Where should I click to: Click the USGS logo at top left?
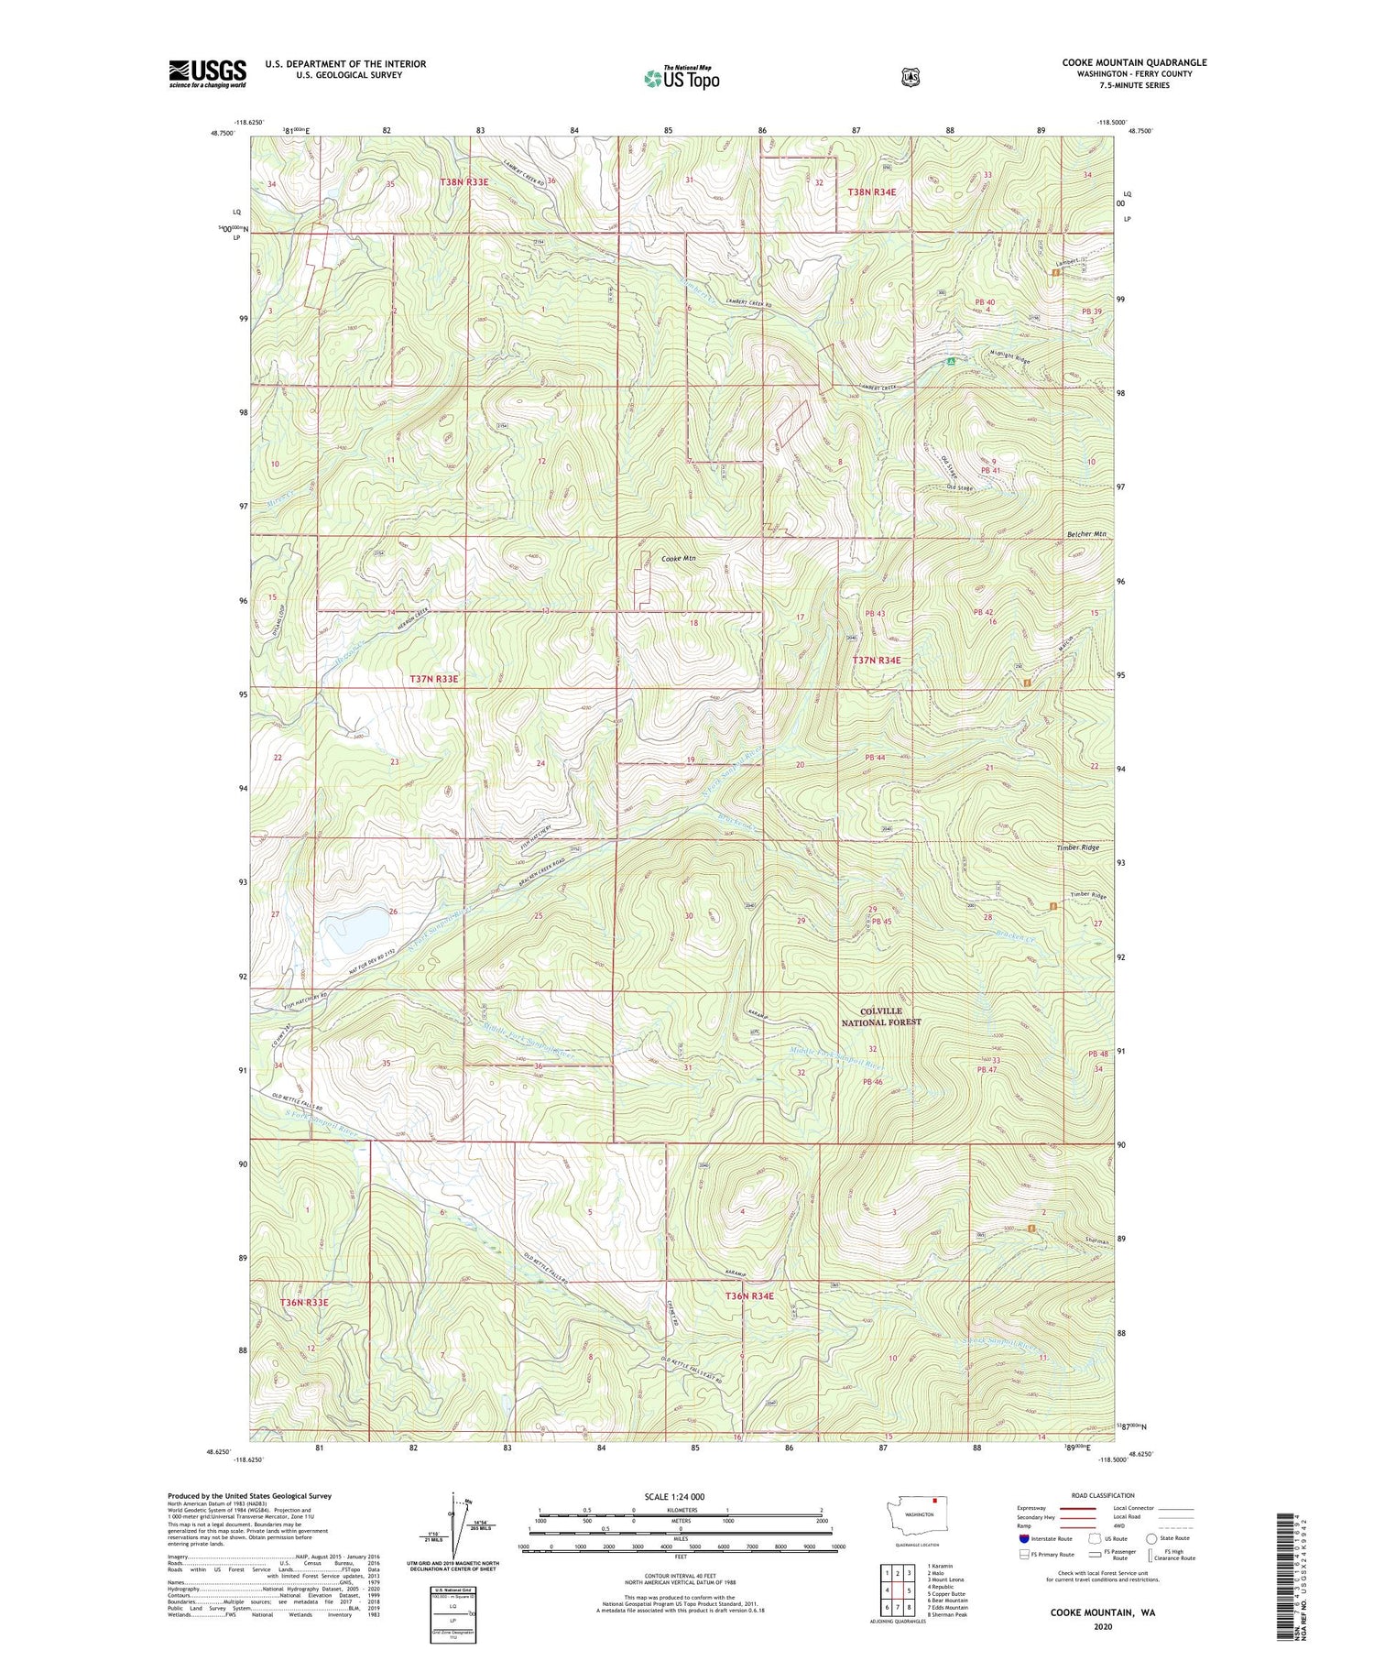click(207, 72)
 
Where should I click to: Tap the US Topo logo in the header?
click(682, 78)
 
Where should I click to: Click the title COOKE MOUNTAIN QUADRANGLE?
click(1134, 62)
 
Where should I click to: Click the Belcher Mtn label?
click(1086, 534)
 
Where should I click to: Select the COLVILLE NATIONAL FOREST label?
click(881, 1016)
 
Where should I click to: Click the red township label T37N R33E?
click(433, 679)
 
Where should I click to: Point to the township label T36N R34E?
click(749, 1295)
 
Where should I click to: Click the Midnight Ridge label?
click(1009, 356)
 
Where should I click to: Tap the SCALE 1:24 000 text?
click(674, 1496)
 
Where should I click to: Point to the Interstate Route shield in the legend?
click(1023, 1538)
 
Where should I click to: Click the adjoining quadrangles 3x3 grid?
click(899, 1582)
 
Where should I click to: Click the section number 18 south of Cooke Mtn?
click(693, 623)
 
